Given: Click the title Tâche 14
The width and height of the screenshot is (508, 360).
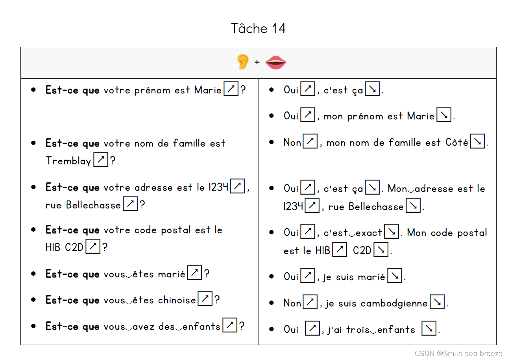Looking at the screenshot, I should (x=258, y=28).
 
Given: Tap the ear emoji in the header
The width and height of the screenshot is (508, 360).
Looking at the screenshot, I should (x=243, y=62).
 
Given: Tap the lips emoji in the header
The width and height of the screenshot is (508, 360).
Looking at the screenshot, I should (x=276, y=62).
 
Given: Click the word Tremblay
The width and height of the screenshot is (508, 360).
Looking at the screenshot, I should (x=68, y=161).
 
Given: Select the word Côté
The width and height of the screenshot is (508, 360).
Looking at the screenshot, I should (x=456, y=142).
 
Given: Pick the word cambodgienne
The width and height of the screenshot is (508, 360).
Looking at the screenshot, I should (x=394, y=303).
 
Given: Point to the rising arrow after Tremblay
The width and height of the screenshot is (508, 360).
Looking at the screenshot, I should (x=101, y=160).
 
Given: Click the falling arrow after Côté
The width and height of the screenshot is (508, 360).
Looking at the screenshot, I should (x=477, y=141).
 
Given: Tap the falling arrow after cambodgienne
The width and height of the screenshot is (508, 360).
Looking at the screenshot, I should (x=437, y=302).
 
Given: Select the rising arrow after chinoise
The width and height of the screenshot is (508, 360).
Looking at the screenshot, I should (x=205, y=299).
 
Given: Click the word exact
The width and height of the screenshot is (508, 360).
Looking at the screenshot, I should (x=369, y=233).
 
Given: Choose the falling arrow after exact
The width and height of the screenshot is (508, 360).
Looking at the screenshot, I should (x=392, y=232).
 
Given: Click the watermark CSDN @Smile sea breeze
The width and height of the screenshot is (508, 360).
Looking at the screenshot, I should (x=458, y=354).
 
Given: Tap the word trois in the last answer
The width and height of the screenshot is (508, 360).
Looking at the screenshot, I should (x=358, y=329).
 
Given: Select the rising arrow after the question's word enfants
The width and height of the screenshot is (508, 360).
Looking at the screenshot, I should (x=230, y=325).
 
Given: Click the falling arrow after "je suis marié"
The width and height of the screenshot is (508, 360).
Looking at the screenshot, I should (x=395, y=276).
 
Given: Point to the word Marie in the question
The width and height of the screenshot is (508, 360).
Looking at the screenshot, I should (x=208, y=90).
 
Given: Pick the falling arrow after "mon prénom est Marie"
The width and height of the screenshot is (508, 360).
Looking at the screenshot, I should (x=444, y=115).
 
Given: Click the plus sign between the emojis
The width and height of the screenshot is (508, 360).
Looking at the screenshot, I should (x=257, y=62).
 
